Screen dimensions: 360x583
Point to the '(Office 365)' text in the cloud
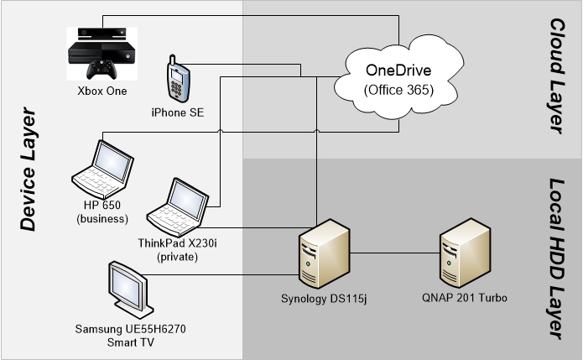(x=399, y=88)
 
